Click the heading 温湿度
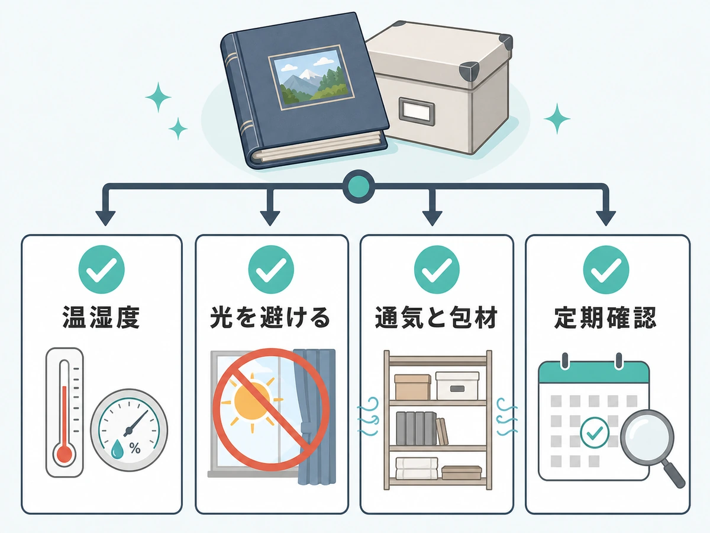click(101, 317)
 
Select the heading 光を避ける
click(270, 317)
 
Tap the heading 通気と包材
click(436, 317)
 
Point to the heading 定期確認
click(605, 317)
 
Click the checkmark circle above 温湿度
click(102, 269)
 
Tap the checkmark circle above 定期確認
click(606, 269)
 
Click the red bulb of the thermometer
click(64, 454)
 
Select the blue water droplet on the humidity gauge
click(117, 450)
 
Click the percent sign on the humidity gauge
click(135, 448)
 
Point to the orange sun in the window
click(252, 401)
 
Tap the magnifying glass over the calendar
click(650, 445)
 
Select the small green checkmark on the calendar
click(595, 432)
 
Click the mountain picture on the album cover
click(311, 78)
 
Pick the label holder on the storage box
click(417, 111)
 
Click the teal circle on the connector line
click(359, 187)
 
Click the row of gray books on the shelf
click(416, 428)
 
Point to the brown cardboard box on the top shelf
click(412, 387)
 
